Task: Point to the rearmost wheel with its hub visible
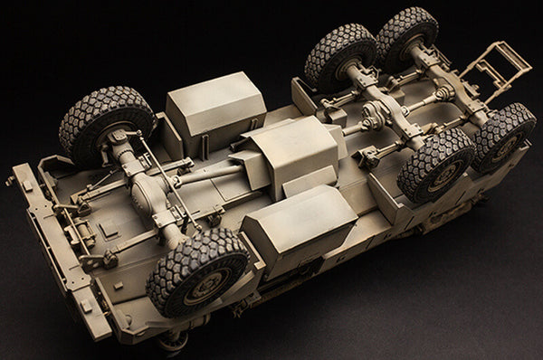pos(504,137)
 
